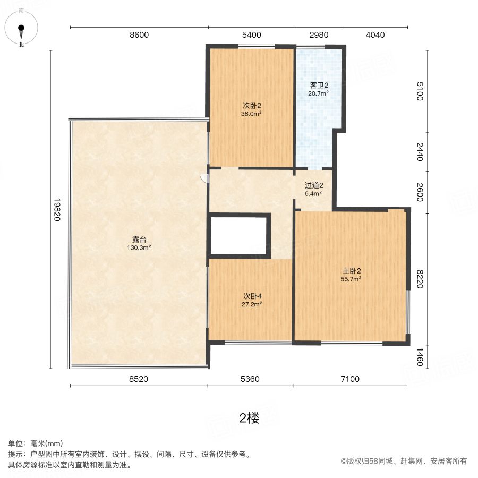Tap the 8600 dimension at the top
coord(139,35)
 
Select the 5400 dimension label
coord(251,35)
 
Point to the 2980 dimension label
coord(319,35)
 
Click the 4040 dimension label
coord(375,35)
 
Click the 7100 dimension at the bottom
coord(350,379)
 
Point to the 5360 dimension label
coord(250,379)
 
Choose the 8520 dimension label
coord(138,379)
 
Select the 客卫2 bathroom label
coord(319,85)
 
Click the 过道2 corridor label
coord(313,186)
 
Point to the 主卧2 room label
coord(352,270)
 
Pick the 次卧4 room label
coord(252,296)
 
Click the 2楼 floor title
coord(250,418)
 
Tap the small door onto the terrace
coord(203,178)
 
